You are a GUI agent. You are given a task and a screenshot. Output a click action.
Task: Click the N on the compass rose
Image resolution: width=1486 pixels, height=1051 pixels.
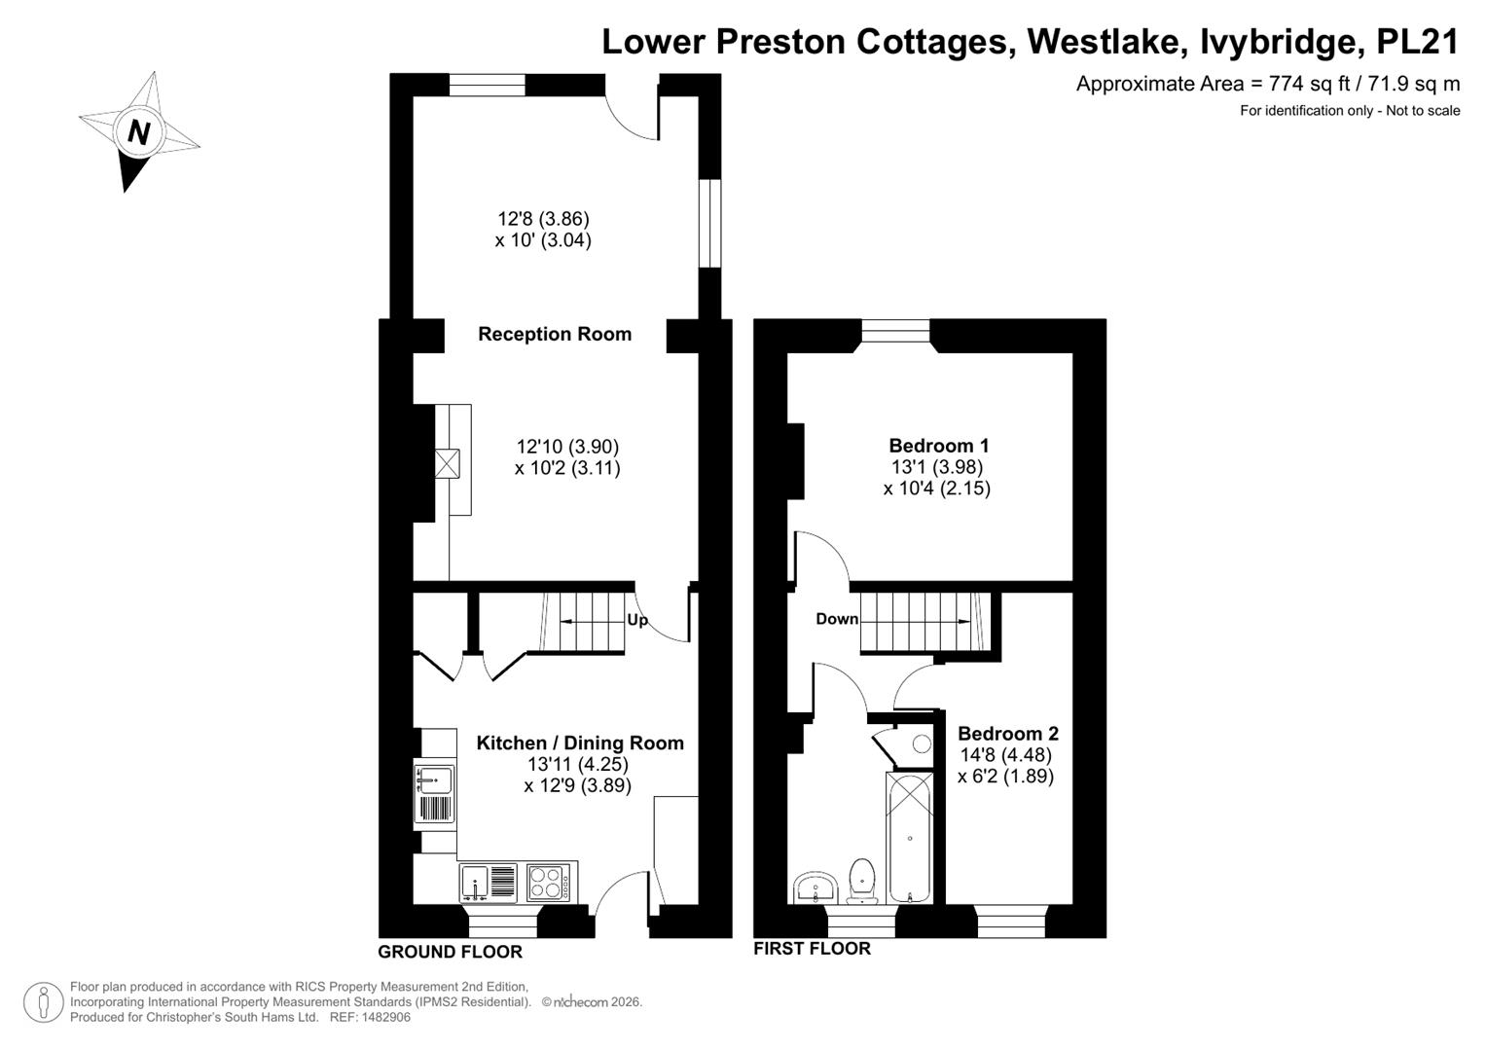(138, 132)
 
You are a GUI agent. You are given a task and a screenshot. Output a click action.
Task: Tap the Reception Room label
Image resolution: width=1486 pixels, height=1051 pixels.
(555, 334)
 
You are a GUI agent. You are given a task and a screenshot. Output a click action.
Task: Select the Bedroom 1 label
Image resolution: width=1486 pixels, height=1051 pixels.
(939, 446)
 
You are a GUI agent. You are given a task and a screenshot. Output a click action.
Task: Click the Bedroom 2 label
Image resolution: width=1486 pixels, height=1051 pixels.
(1007, 733)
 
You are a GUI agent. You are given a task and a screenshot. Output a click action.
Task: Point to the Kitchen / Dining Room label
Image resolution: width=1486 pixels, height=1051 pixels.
(580, 743)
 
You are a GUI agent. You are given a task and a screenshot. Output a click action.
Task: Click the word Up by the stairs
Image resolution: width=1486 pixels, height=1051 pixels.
(636, 620)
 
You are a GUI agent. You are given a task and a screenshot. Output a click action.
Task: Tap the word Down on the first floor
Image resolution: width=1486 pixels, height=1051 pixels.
(837, 619)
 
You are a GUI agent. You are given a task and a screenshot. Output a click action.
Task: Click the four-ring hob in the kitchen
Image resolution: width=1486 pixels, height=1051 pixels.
(548, 882)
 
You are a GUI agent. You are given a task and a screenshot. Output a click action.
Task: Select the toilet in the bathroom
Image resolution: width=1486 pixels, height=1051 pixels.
(862, 881)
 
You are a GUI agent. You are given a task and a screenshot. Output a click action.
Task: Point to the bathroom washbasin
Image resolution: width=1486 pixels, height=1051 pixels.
(815, 888)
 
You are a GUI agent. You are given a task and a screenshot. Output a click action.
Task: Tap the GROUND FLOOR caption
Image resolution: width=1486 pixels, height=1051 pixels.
(450, 952)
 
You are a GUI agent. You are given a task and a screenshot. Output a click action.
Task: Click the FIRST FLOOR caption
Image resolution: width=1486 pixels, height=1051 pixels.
(812, 948)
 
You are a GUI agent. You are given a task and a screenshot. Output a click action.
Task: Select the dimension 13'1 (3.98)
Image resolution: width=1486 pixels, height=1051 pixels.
(937, 467)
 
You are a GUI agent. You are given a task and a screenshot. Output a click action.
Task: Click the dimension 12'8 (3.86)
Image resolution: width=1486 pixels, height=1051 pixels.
(543, 218)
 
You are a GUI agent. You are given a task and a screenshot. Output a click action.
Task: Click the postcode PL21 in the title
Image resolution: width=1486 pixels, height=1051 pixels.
(1418, 42)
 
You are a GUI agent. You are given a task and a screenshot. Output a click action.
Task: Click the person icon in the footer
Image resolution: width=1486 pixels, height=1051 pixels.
(44, 1002)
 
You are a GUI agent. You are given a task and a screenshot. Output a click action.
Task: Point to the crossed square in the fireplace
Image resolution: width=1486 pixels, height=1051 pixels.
(447, 464)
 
